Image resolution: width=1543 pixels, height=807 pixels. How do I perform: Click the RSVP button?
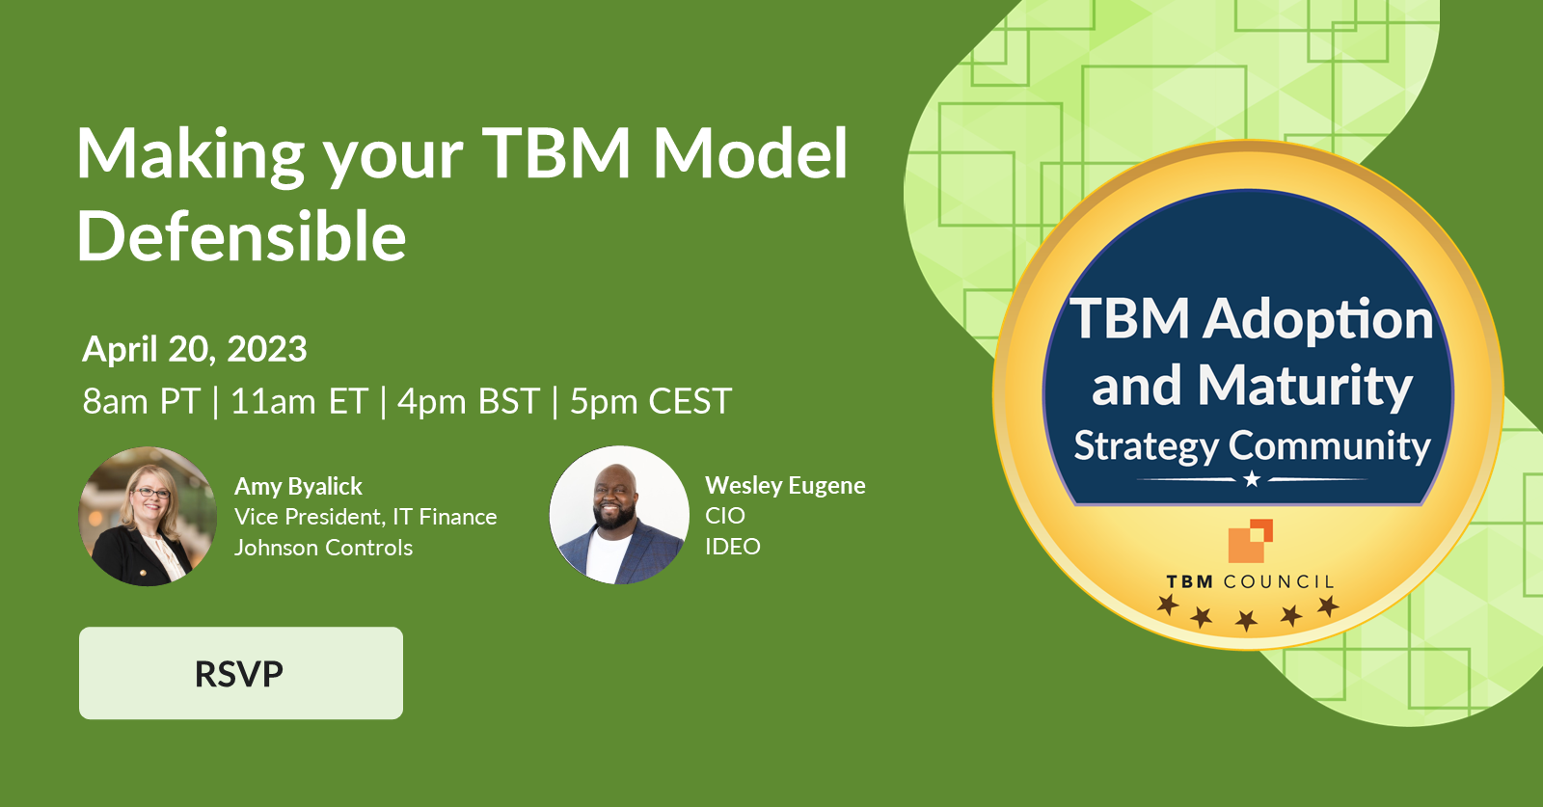coord(240,673)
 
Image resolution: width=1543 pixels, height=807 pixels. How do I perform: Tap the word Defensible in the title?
coord(241,236)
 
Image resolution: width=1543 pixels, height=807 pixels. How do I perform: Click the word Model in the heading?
coord(750,153)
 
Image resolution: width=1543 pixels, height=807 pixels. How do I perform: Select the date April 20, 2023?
coord(195,349)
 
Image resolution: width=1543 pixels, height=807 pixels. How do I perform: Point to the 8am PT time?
coord(141,401)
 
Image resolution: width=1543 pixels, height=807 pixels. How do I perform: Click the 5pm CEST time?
coord(651,401)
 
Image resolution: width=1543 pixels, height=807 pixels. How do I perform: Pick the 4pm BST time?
coord(469,401)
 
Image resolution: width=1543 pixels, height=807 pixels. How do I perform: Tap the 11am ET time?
coord(299,401)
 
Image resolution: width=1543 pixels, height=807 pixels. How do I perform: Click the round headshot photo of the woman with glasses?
coord(148,516)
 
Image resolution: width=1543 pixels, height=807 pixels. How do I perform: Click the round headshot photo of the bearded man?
coord(619,515)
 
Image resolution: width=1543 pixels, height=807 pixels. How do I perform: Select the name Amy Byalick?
coord(298,486)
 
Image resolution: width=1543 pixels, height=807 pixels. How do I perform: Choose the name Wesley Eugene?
coord(785,485)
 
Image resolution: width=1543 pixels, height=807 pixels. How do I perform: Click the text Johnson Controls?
coord(323,548)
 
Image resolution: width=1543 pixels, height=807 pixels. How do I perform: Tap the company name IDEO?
coord(732,547)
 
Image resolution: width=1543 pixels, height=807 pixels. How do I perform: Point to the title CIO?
coord(724,516)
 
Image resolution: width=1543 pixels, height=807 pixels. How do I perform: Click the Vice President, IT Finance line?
coord(365,517)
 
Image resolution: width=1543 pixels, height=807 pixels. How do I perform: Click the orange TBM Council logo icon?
coord(1250,541)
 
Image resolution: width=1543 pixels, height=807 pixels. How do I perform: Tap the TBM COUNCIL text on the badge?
coord(1250,581)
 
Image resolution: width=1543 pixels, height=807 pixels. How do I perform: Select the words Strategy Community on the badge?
coord(1252,445)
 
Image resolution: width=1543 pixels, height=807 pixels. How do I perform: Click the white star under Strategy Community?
coord(1252,479)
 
